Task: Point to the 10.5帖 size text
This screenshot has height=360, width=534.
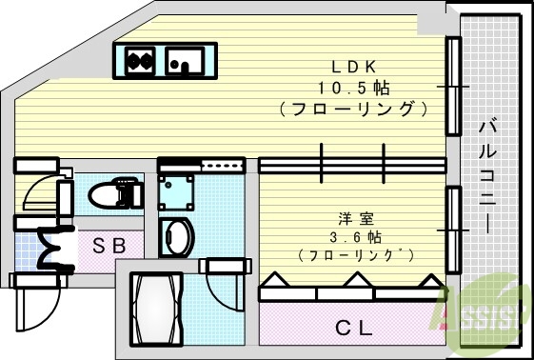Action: pos(355,88)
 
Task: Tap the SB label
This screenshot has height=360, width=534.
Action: pos(109,245)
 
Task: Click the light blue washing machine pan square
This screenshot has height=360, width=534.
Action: pos(176,191)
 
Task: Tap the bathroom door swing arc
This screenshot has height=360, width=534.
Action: pos(225,290)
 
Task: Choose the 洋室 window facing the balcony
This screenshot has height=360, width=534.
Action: pos(453,225)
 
